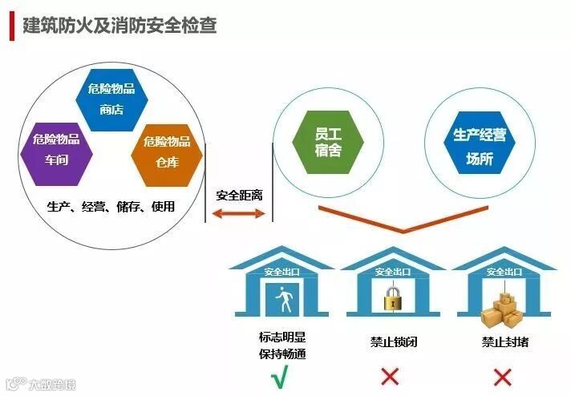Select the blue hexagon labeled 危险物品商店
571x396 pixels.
[111, 99]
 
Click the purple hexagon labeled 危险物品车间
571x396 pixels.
[56, 149]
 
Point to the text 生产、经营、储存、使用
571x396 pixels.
[111, 207]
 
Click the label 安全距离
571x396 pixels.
[239, 195]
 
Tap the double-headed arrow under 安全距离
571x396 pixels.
[238, 213]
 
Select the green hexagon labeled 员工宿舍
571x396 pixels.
[327, 141]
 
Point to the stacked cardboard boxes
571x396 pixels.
[502, 308]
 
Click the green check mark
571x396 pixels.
[279, 378]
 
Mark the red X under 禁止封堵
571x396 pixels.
[502, 377]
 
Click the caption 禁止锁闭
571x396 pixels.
[393, 342]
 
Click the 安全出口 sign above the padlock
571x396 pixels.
[392, 273]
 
